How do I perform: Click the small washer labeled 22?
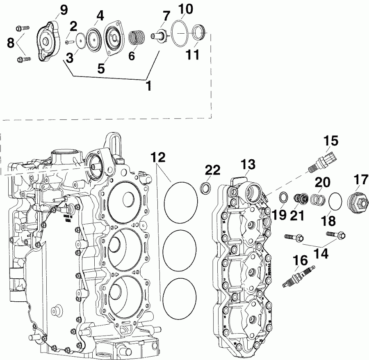[206, 188]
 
